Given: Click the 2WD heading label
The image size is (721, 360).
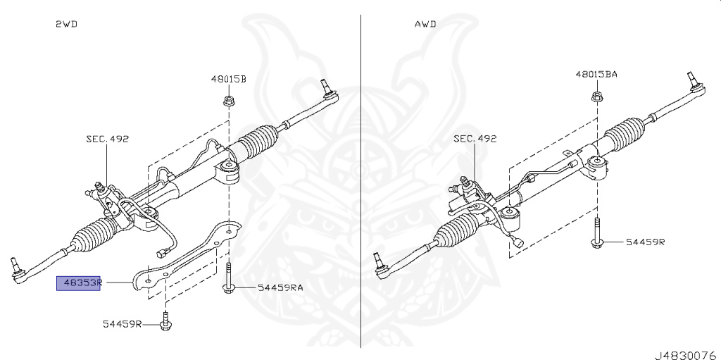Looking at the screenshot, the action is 66,24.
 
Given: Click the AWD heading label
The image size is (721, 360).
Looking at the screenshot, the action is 425,24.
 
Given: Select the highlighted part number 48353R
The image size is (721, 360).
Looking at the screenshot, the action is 80,283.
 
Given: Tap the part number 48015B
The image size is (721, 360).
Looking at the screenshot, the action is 228,79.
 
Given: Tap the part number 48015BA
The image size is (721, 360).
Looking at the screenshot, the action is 596,74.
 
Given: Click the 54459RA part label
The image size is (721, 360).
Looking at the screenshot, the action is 280,287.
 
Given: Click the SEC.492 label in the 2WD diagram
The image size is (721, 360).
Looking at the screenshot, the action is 108,139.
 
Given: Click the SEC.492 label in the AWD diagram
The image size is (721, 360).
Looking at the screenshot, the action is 475,139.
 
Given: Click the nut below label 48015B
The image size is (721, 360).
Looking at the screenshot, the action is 228,100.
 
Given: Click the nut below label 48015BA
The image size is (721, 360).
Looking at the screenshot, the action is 596,95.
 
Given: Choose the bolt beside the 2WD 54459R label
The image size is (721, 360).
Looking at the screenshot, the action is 165,321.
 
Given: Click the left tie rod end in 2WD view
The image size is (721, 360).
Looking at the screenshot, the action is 20,271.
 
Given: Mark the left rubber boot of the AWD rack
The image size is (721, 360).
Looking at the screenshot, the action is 460,231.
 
